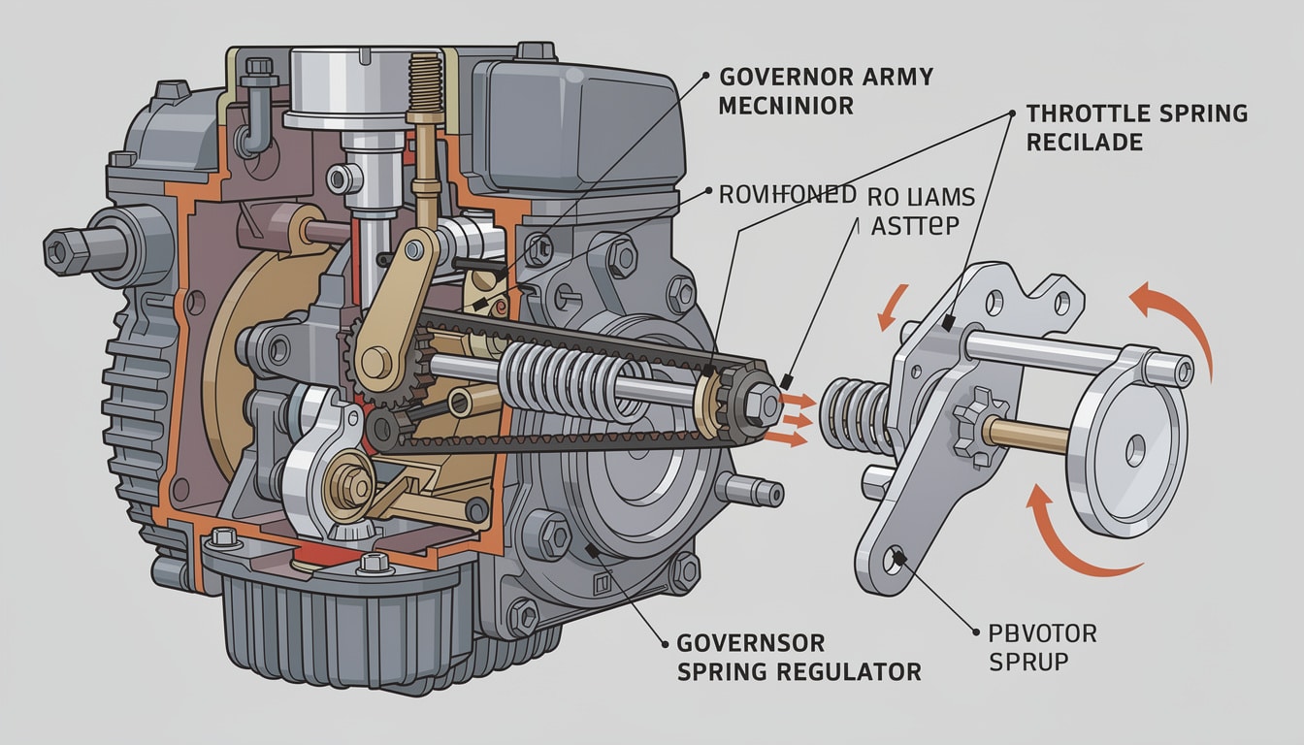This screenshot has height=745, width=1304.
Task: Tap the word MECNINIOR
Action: pyautogui.click(x=787, y=105)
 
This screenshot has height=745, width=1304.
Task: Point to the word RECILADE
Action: pyautogui.click(x=1085, y=143)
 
